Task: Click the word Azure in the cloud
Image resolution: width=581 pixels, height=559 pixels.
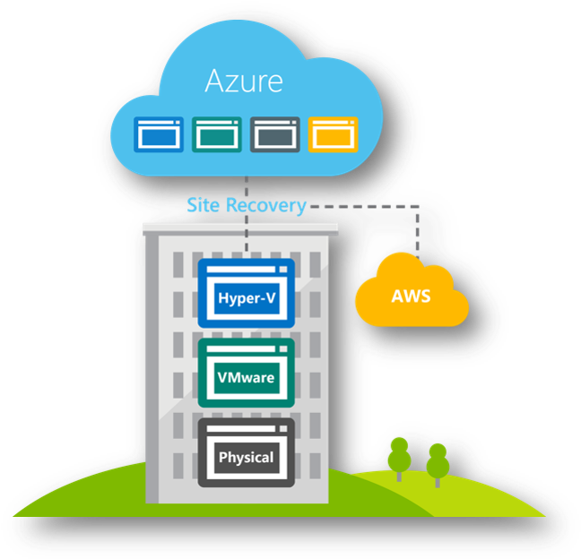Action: tap(244, 82)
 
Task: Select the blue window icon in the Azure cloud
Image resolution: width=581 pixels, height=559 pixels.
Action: tap(159, 133)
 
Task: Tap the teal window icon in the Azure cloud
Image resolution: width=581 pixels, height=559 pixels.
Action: tap(216, 133)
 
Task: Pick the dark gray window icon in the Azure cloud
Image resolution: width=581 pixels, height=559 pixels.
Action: tap(274, 133)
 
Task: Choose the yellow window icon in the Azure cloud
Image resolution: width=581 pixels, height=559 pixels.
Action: tap(332, 133)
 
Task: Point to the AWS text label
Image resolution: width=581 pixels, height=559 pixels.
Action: tap(412, 296)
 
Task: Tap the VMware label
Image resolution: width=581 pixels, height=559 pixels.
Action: tap(246, 377)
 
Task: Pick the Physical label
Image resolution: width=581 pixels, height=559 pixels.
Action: tap(246, 457)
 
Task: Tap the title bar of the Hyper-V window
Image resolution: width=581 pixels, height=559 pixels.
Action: tap(246, 265)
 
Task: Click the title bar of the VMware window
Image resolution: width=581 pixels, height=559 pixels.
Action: tap(246, 345)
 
